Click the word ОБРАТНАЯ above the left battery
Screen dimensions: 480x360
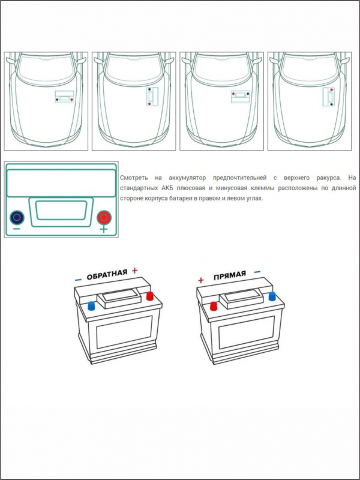coord(107,274)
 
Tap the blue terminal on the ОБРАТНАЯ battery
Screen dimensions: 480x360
coord(91,305)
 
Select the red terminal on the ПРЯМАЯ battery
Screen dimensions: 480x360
coord(212,305)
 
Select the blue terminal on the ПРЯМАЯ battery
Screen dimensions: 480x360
coord(272,295)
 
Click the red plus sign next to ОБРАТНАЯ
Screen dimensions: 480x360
coord(134,271)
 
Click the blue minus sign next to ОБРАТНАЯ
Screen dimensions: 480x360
coord(78,280)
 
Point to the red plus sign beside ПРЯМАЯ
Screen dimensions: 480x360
coord(200,280)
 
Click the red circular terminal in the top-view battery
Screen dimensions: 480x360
coord(104,217)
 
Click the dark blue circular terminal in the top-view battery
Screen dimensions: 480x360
coord(17,217)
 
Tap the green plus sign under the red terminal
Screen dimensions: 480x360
coord(104,230)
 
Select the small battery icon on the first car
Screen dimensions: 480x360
coord(64,97)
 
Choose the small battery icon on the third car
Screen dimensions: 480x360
coord(240,96)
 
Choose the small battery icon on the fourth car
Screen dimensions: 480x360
coord(328,97)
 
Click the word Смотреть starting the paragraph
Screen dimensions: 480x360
coord(133,178)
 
